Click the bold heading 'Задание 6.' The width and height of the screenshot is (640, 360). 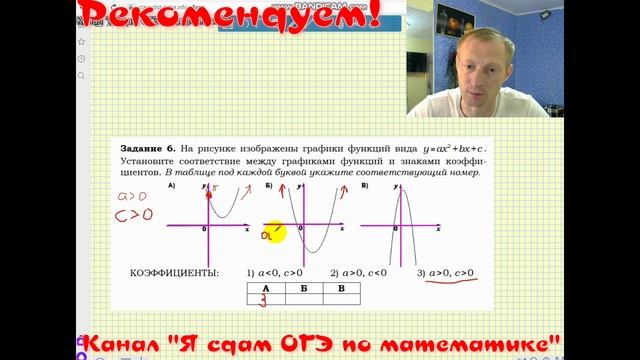(147, 147)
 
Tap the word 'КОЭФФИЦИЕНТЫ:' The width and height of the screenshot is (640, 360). (175, 273)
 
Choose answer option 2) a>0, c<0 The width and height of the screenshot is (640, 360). (364, 273)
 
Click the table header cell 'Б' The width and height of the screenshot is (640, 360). (303, 288)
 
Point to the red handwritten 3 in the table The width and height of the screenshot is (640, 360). (263, 301)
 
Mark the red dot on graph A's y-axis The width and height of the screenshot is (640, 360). (209, 196)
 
